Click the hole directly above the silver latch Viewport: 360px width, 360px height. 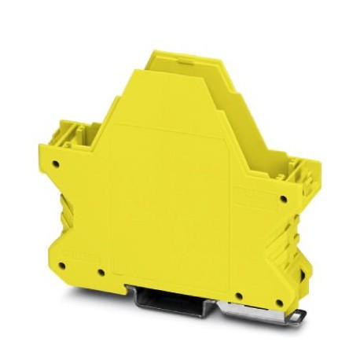[242, 296]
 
